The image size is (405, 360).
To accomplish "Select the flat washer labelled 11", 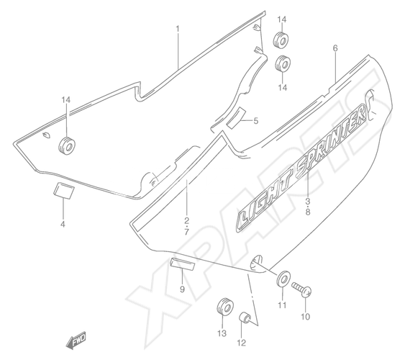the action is click(283, 278).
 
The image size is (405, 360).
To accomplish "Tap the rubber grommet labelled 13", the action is click(225, 307).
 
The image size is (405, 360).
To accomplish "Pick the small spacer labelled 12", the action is click(244, 317).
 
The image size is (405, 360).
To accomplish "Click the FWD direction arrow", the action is click(76, 340).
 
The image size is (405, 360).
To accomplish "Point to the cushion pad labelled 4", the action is click(64, 191).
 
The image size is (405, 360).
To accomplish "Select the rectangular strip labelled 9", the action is click(182, 264).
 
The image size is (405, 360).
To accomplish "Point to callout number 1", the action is click(178, 29).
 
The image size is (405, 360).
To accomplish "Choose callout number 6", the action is click(335, 48).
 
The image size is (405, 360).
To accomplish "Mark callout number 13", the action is click(222, 333).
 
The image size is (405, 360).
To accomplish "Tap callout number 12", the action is click(241, 343).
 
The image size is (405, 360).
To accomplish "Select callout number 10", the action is click(305, 317).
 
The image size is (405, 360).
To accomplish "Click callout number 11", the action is click(282, 305).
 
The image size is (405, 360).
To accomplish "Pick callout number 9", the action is click(182, 289).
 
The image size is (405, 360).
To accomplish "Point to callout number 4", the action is click(63, 224).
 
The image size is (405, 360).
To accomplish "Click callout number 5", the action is click(255, 121).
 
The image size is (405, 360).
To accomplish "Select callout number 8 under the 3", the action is click(308, 212).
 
